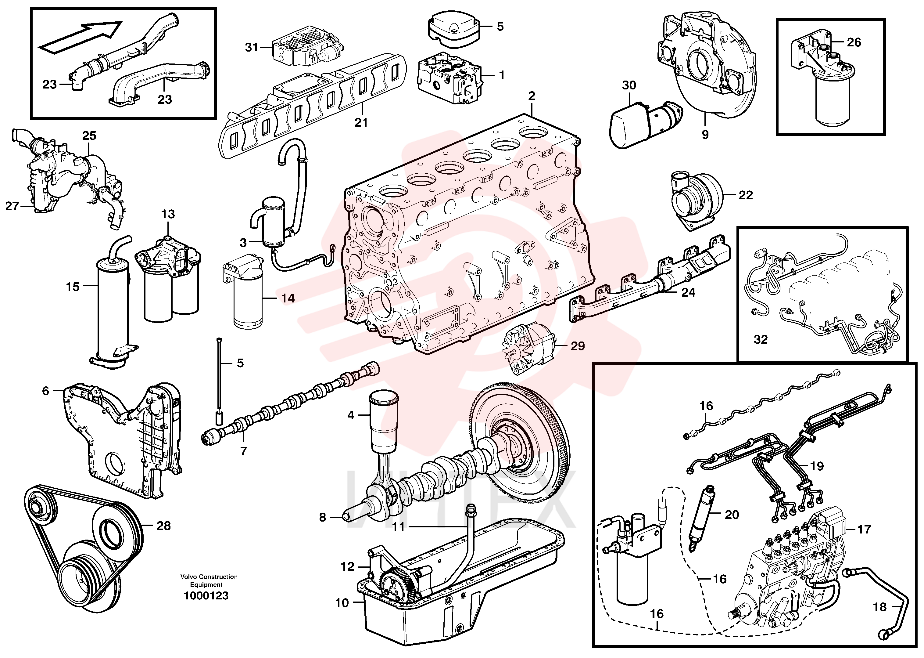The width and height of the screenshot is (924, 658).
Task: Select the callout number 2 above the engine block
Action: click(x=532, y=96)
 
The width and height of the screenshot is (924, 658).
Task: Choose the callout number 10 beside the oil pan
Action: click(x=342, y=603)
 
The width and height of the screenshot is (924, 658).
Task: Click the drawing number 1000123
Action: click(x=206, y=596)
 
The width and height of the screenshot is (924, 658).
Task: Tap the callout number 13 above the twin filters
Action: click(x=168, y=214)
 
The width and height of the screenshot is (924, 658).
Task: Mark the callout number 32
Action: click(x=761, y=339)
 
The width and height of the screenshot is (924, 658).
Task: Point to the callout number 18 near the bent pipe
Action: click(x=880, y=607)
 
